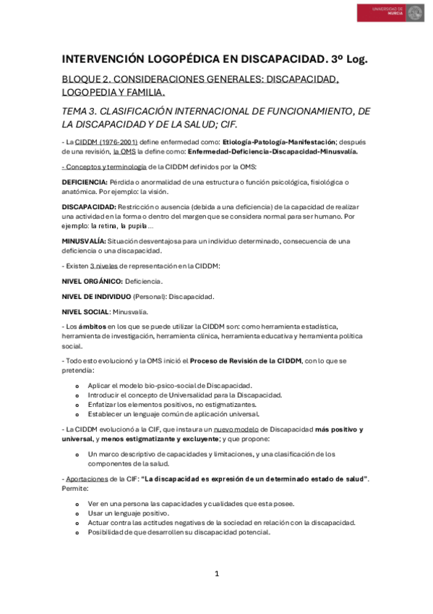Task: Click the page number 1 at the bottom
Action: click(216, 573)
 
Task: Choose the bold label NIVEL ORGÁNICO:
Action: click(93, 280)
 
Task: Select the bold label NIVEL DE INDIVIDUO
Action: click(96, 295)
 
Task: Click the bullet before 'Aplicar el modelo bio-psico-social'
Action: click(77, 385)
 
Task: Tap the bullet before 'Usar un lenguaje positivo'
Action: click(77, 513)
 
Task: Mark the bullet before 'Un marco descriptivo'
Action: click(77, 454)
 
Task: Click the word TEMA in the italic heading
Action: click(77, 110)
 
